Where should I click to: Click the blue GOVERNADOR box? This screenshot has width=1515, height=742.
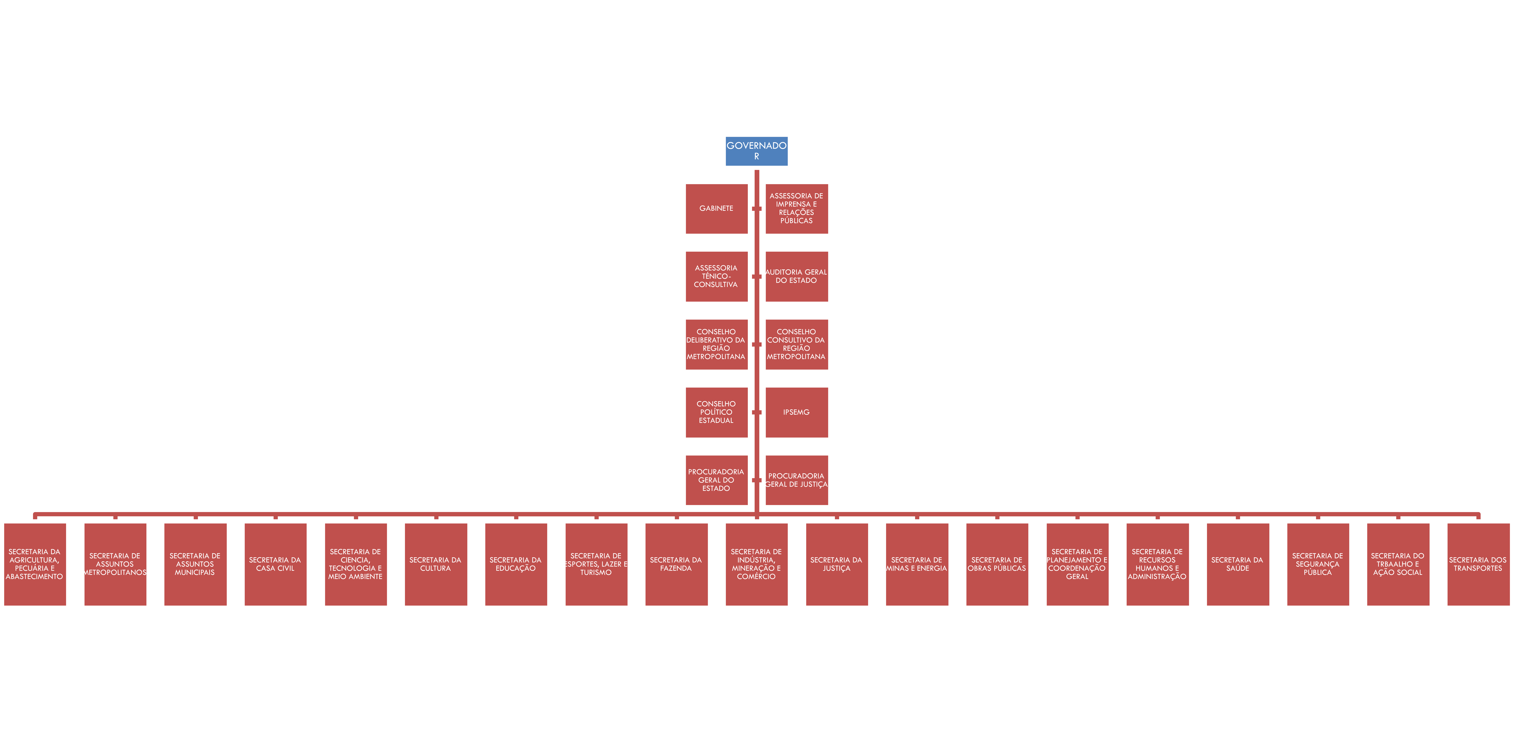pos(756,151)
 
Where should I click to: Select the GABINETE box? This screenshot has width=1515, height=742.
pos(716,208)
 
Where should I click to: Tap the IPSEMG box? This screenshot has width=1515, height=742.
pos(796,412)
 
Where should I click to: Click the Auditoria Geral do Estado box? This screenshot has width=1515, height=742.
pos(796,276)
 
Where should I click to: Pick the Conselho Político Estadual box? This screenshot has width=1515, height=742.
pos(716,412)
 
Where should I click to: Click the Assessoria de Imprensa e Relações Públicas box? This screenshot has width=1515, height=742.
pos(796,208)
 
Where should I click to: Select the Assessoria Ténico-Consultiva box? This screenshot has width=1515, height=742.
pos(716,276)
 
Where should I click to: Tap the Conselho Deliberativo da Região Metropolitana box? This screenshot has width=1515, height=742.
pos(716,344)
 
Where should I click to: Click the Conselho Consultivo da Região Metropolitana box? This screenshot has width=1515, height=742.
pos(796,344)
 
